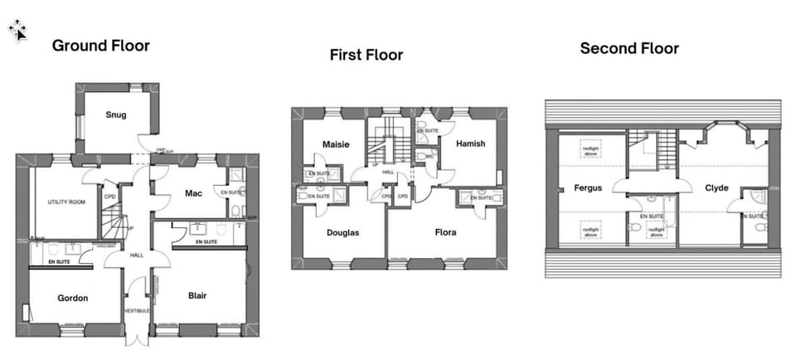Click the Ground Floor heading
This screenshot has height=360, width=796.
pyautogui.click(x=101, y=46)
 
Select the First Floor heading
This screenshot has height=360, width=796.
pyautogui.click(x=366, y=56)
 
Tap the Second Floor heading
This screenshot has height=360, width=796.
pyautogui.click(x=629, y=49)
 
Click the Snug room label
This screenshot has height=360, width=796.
pyautogui.click(x=116, y=114)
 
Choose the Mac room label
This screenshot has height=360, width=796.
pyautogui.click(x=194, y=193)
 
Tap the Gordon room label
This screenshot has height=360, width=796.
pyautogui.click(x=73, y=298)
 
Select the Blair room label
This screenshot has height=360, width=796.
pyautogui.click(x=197, y=295)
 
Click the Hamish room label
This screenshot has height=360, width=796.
pyautogui.click(x=470, y=144)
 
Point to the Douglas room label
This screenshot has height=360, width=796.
pyautogui.click(x=342, y=233)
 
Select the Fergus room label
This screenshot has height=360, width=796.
pyautogui.click(x=588, y=188)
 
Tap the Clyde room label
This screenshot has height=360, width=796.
pyautogui.click(x=716, y=188)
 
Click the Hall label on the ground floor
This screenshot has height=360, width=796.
pyautogui.click(x=137, y=255)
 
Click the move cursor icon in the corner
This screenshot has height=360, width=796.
pyautogui.click(x=17, y=31)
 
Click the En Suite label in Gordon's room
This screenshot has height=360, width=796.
pyautogui.click(x=59, y=262)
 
